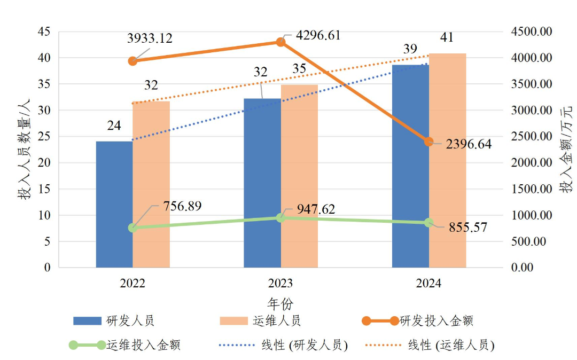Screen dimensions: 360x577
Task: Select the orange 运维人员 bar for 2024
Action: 448,160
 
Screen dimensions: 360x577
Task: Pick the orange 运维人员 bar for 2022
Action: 151,184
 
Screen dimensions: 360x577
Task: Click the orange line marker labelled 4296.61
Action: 280,42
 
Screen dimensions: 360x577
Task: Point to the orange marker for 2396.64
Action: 428,142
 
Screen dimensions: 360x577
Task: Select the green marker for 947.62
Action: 280,217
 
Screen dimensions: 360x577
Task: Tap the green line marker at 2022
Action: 133,228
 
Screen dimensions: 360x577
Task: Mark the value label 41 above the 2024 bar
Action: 447,37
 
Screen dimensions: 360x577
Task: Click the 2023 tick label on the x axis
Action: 280,283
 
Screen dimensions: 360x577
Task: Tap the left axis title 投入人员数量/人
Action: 25,150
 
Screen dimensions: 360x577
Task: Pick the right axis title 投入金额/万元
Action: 565,150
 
